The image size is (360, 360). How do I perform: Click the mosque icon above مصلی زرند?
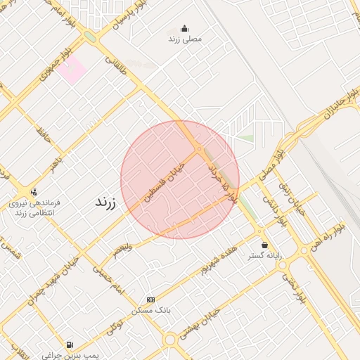185,29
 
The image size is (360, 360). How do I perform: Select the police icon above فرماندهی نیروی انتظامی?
34,191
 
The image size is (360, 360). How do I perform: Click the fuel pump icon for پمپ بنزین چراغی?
69,345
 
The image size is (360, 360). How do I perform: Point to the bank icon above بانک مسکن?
149,299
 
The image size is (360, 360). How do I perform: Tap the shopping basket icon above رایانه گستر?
264,245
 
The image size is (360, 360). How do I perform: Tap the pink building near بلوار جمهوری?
71,70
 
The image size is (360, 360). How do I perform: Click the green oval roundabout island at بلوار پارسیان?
90,37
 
